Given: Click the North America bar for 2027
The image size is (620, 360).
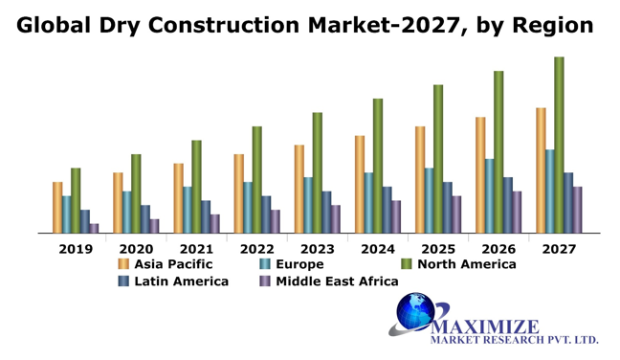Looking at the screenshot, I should [x=559, y=145].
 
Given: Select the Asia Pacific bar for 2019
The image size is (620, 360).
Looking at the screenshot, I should [x=57, y=207].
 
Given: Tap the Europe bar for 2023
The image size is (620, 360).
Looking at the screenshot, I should [x=308, y=205].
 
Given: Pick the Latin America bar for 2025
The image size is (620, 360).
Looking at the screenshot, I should [x=447, y=207].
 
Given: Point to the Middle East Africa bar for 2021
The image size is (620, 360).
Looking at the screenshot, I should [x=214, y=223].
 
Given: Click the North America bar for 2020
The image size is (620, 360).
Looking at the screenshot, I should [x=136, y=193].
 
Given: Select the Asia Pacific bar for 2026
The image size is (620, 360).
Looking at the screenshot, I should [x=479, y=174].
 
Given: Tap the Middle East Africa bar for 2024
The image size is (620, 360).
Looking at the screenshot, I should [x=395, y=216].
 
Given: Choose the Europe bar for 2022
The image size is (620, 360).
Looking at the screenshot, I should [x=248, y=207].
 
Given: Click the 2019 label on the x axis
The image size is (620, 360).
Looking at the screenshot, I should [x=76, y=249].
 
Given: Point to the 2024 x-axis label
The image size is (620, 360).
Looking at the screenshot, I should [x=377, y=249].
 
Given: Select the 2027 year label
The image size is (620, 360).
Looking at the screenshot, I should [x=558, y=249].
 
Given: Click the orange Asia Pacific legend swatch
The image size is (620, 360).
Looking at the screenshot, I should [x=123, y=264].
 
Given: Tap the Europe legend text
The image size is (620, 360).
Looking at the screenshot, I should [x=299, y=264].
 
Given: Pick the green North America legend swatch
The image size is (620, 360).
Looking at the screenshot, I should [x=406, y=264].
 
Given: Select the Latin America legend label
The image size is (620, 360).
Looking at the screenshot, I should [x=181, y=281].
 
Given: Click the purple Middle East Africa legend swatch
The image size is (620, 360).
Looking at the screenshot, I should [x=265, y=281].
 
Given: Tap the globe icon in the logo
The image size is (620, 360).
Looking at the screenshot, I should [x=417, y=312].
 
